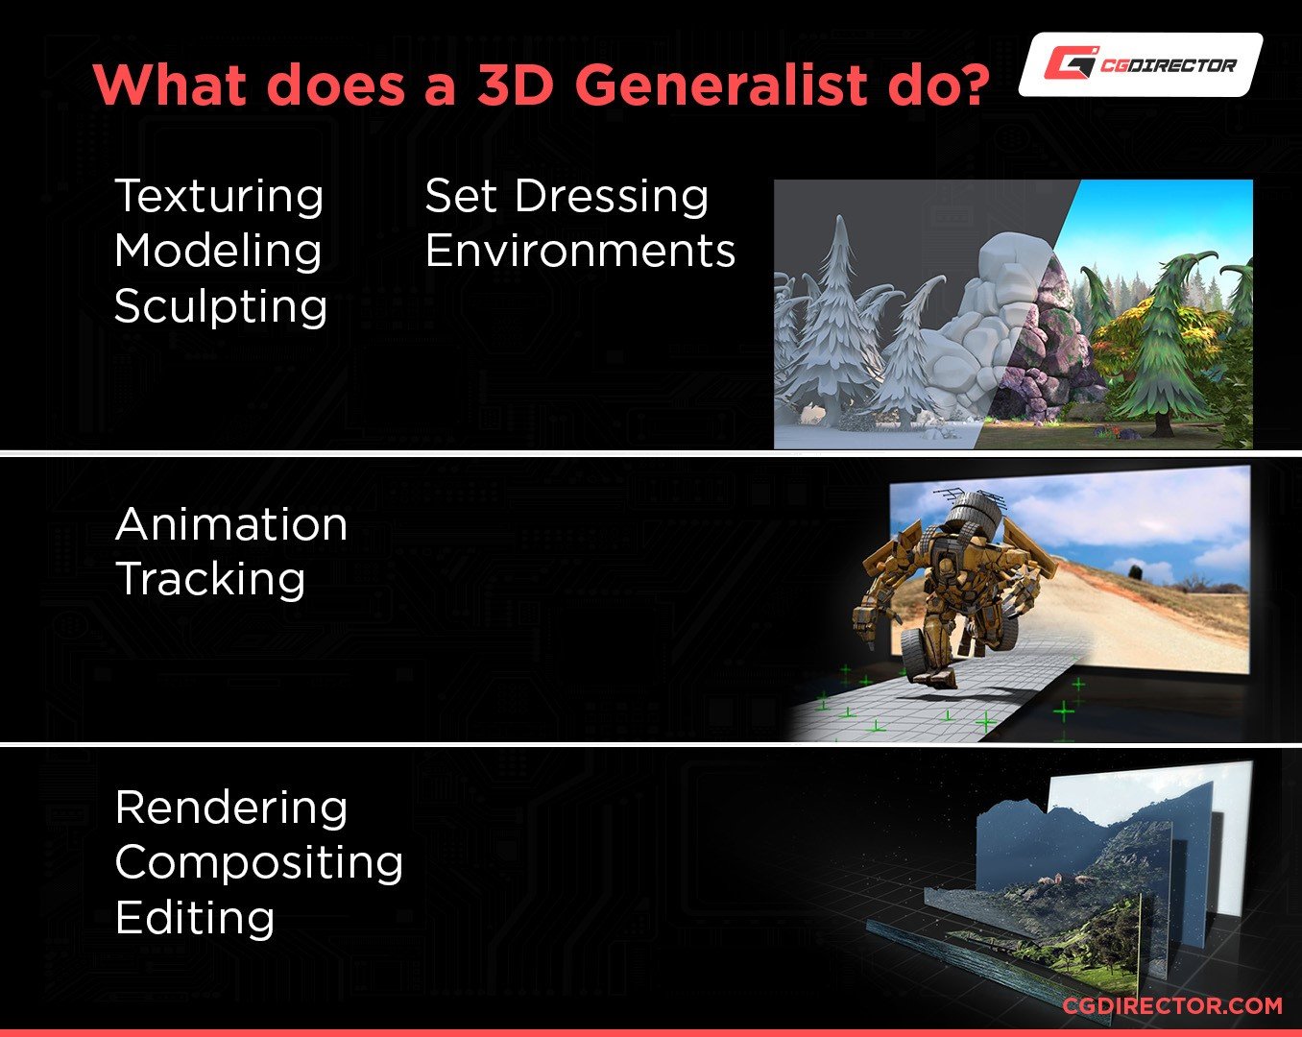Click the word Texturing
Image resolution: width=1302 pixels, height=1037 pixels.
[219, 198]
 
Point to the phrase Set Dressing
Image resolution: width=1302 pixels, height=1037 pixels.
[567, 197]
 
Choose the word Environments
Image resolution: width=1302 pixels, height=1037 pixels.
[580, 251]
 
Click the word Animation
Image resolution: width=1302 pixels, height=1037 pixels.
[231, 524]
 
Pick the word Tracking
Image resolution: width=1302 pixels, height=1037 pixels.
[210, 580]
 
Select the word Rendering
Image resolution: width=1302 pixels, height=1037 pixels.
[231, 809]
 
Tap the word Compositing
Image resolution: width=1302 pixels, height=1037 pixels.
[259, 864]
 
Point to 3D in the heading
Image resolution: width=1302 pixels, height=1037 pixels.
[516, 84]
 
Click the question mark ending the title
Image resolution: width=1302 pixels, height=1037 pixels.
[969, 84]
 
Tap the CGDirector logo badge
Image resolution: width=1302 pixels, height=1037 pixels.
[1141, 64]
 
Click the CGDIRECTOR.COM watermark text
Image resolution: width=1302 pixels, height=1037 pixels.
[1172, 1005]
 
